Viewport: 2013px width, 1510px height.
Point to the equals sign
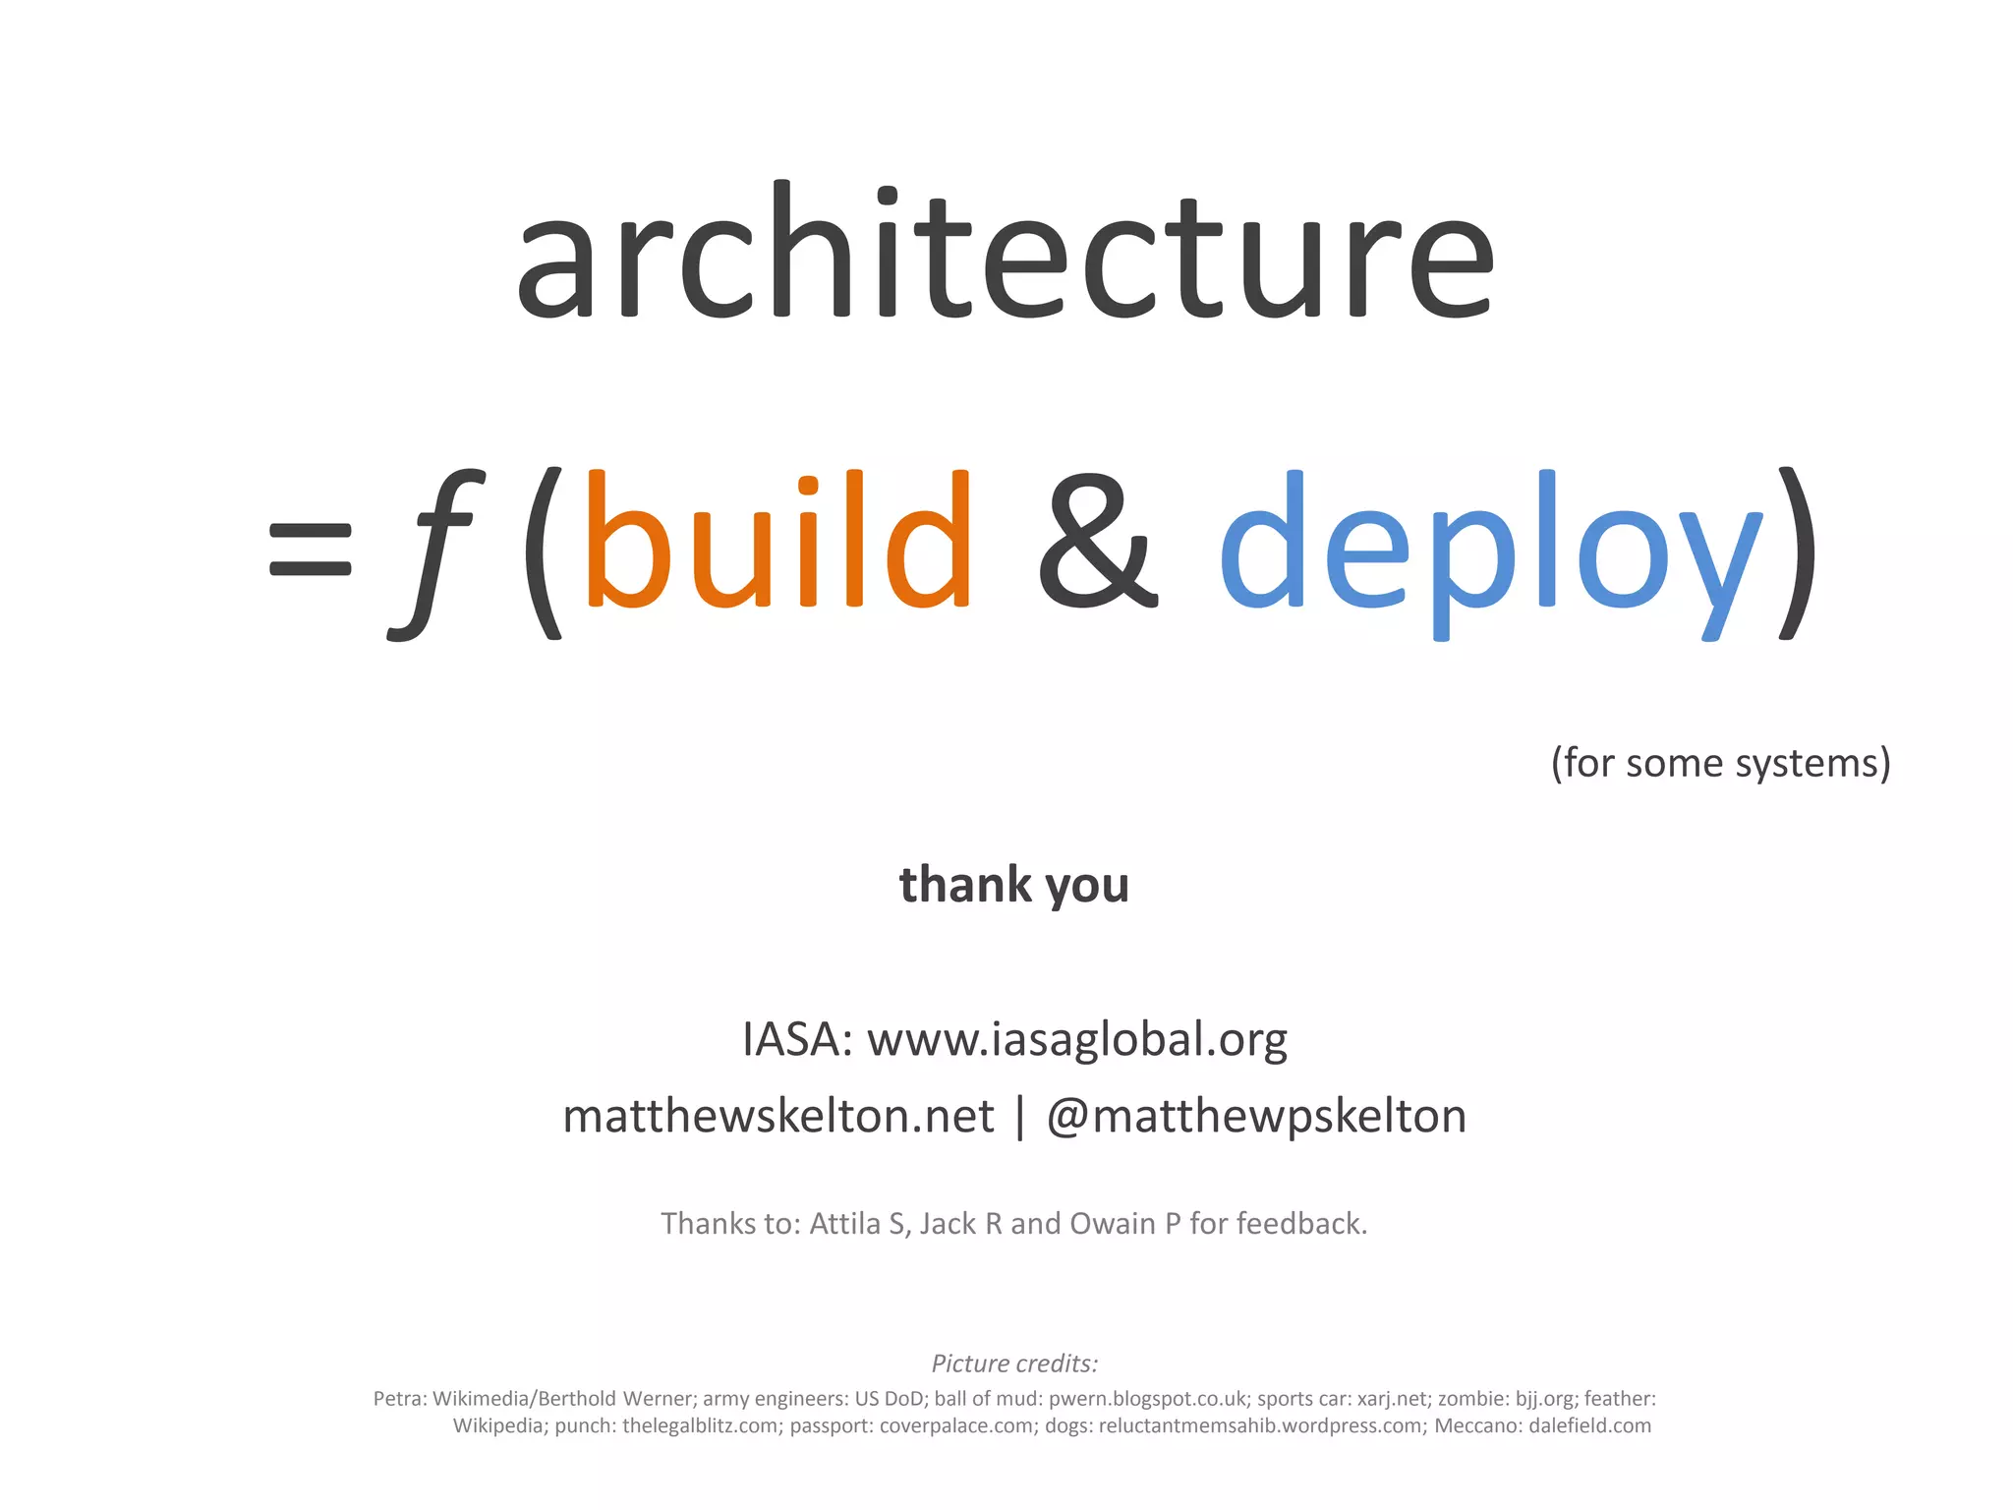click(310, 549)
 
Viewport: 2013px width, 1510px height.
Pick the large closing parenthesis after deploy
click(1798, 551)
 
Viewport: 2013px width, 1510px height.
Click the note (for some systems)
click(1720, 763)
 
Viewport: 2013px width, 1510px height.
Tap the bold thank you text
click(1013, 884)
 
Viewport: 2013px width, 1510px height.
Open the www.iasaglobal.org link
click(1077, 1039)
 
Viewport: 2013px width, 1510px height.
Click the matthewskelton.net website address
click(778, 1116)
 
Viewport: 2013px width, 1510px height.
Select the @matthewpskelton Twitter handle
click(1256, 1116)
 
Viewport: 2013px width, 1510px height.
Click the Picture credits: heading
click(1014, 1364)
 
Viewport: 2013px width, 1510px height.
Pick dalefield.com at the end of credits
click(1589, 1425)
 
